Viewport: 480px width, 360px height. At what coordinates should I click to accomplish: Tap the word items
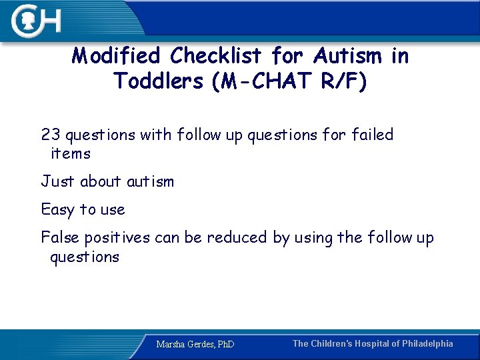pos(70,154)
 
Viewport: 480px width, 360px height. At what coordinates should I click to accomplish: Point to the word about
pos(101,181)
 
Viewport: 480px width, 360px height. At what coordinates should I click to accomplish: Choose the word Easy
pos(58,210)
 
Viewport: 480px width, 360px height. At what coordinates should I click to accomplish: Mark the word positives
pos(124,237)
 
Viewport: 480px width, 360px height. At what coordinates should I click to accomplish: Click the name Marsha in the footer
pos(171,345)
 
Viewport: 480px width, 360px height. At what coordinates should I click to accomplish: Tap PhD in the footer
pos(225,345)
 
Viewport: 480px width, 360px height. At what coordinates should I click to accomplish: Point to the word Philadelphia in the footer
pos(427,344)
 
